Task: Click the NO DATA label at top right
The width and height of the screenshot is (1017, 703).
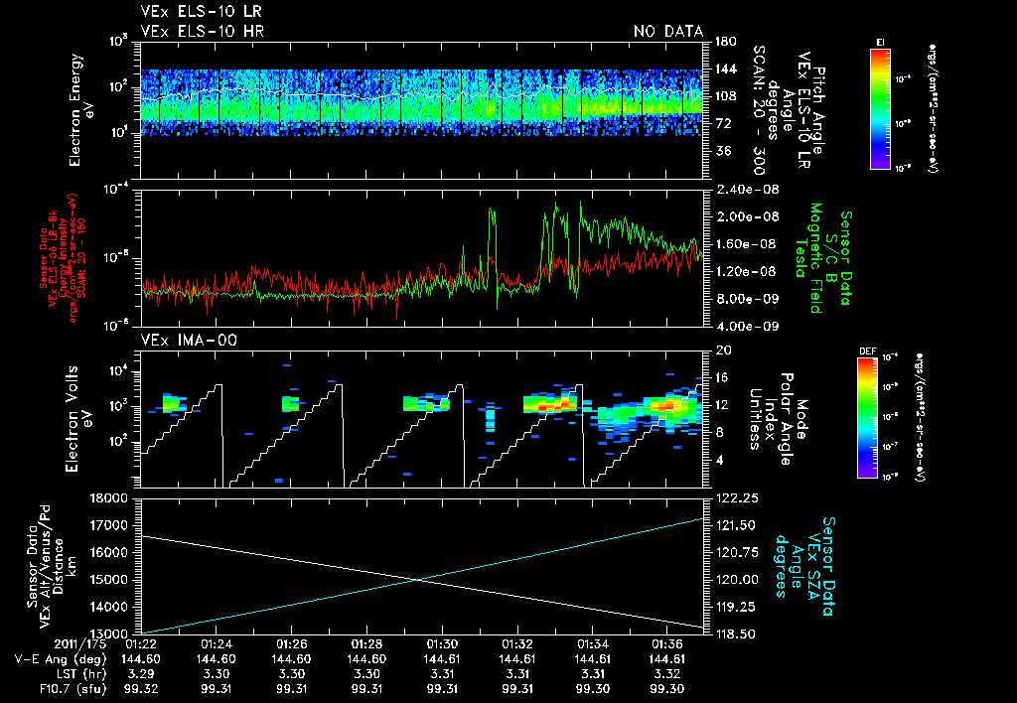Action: (667, 32)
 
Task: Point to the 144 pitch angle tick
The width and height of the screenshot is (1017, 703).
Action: (723, 70)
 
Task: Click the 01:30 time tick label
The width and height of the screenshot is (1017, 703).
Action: (441, 643)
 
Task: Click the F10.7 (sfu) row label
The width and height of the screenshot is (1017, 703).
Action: (49, 688)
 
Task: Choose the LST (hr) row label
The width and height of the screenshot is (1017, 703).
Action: (60, 673)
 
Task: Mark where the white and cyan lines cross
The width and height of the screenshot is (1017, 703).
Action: (419, 580)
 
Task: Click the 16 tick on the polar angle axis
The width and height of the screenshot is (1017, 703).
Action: (723, 377)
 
